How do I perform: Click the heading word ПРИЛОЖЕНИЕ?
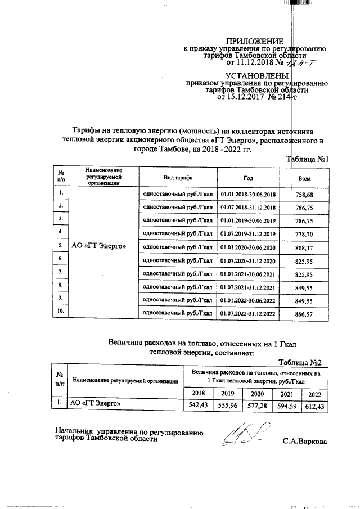tap(253, 40)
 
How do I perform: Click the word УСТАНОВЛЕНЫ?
tap(256, 75)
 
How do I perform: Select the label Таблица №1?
tap(307, 160)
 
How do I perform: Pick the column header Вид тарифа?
tap(175, 177)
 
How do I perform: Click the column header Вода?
tap(304, 178)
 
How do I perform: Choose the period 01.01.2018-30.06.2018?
tap(248, 195)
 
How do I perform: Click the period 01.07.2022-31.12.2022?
tap(248, 313)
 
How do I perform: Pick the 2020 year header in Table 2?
tap(256, 393)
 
